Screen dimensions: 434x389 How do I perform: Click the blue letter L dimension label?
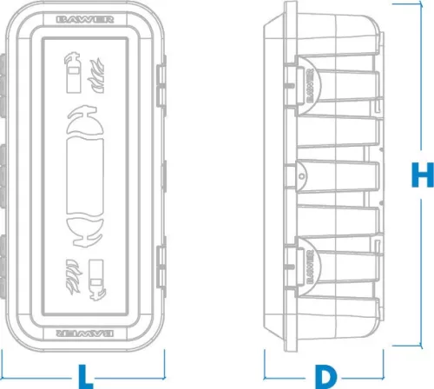tap(86, 377)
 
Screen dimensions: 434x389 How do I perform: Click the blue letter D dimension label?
tap(325, 377)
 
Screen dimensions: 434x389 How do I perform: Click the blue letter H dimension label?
tap(423, 175)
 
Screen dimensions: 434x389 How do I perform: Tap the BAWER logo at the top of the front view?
tap(85, 20)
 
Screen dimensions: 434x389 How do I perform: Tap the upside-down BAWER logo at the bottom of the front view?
tap(85, 333)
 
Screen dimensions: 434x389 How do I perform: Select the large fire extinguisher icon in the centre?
tap(85, 176)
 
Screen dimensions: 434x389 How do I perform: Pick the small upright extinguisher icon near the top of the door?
tap(72, 72)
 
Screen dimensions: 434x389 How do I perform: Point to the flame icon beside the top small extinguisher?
tap(96, 76)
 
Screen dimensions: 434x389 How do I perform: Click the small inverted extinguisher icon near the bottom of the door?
tap(96, 280)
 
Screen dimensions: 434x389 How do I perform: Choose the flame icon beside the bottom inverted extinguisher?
tap(74, 277)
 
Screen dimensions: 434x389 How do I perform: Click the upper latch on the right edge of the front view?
tap(161, 86)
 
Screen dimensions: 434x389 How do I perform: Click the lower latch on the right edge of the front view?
tap(161, 267)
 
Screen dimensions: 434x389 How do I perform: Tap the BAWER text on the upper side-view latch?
tap(310, 86)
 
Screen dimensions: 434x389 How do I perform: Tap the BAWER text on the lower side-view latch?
tap(310, 267)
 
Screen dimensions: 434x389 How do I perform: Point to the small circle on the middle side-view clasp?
tap(302, 176)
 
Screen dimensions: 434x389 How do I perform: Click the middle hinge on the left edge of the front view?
tap(3, 176)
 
